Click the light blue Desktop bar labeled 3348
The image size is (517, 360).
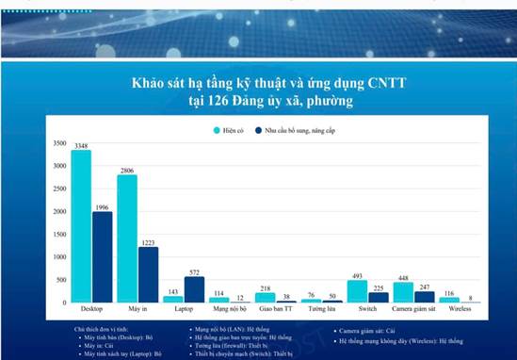coord(81,226)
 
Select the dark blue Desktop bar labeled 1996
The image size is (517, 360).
coord(103,256)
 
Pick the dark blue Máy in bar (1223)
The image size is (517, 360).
coord(148,274)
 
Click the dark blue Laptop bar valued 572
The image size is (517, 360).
coord(194,289)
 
